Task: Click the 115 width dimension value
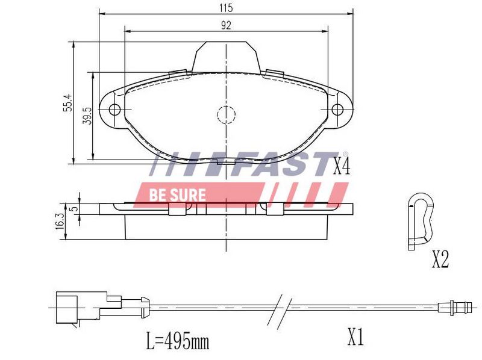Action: pyautogui.click(x=226, y=8)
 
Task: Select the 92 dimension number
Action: pyautogui.click(x=226, y=25)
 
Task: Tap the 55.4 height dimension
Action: pyautogui.click(x=68, y=102)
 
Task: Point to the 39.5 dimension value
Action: pyautogui.click(x=87, y=116)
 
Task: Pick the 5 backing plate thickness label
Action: pyautogui.click(x=74, y=209)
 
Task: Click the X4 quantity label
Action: pyautogui.click(x=342, y=167)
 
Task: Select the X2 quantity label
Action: pyautogui.click(x=440, y=259)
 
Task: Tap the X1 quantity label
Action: pyautogui.click(x=355, y=337)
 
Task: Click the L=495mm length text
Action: pyautogui.click(x=177, y=341)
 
